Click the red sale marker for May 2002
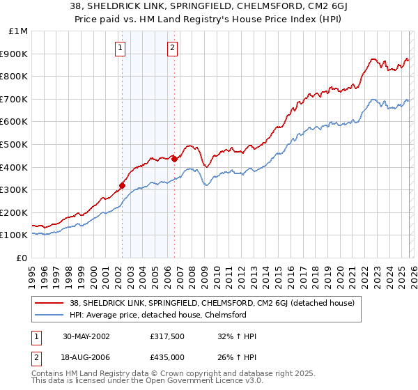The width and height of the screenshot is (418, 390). tap(122, 185)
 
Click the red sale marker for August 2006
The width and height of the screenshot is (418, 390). tap(174, 159)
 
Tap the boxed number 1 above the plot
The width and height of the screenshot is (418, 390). tap(121, 48)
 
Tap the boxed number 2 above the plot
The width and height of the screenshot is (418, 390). tap(172, 48)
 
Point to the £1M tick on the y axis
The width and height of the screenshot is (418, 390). tap(19, 31)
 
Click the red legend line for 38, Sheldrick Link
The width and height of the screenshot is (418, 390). tap(49, 303)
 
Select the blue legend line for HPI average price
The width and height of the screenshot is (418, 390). tap(49, 315)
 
